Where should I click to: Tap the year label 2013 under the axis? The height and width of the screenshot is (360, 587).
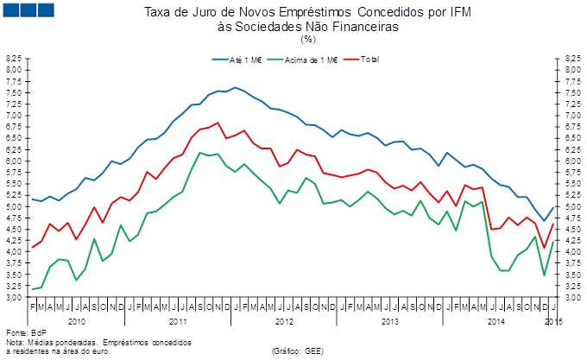tap(389, 321)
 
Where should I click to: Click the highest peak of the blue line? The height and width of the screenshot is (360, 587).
tap(234, 87)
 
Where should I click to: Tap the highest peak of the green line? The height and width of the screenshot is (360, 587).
tap(200, 153)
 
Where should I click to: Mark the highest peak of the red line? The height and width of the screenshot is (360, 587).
tap(217, 123)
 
